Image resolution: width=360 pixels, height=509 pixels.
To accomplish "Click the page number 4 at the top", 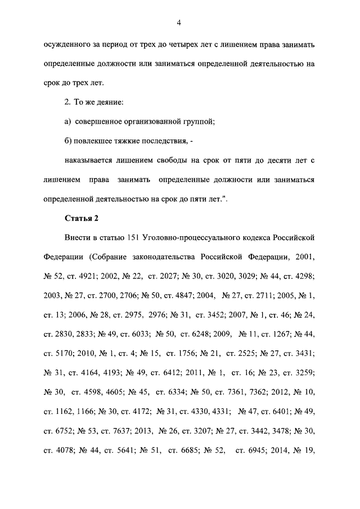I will [x=178, y=22].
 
